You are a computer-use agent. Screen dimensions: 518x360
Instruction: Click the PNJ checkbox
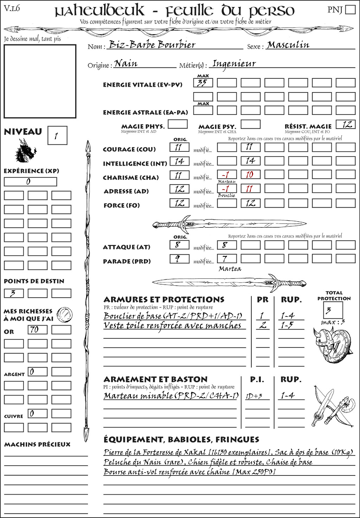click(x=350, y=9)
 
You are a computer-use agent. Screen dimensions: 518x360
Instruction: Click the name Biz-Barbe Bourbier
click(x=152, y=45)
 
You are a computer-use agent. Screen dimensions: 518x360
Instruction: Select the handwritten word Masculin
click(x=288, y=45)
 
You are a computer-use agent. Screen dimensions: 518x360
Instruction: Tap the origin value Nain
click(x=126, y=64)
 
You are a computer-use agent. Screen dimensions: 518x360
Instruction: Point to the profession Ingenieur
click(x=234, y=64)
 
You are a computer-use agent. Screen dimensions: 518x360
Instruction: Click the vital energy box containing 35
click(x=203, y=83)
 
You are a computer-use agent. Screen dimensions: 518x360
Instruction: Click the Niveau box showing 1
click(x=57, y=136)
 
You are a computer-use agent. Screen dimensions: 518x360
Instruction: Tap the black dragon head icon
click(x=26, y=151)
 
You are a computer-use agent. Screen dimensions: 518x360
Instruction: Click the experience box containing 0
click(x=30, y=182)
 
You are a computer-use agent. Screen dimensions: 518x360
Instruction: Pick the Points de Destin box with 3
click(x=14, y=293)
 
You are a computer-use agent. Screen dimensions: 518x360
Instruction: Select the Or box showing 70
click(x=38, y=330)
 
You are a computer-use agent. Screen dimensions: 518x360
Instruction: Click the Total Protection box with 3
click(x=333, y=310)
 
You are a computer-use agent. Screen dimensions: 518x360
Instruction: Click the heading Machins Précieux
click(x=37, y=445)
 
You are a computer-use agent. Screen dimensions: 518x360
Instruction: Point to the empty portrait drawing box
click(x=40, y=81)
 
